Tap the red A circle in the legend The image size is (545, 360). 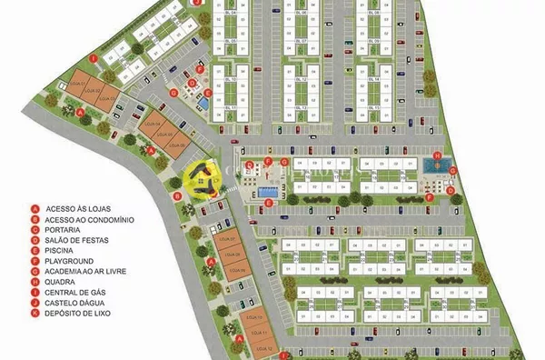(35, 208)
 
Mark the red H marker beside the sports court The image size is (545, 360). (437, 156)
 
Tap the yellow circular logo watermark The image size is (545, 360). (202, 178)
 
